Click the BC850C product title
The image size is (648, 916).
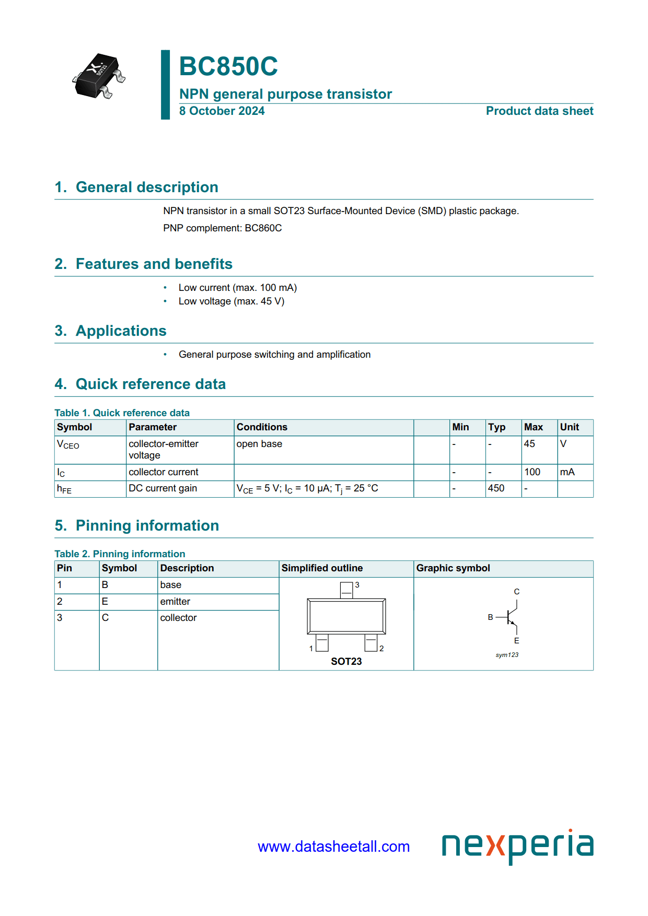pyautogui.click(x=228, y=67)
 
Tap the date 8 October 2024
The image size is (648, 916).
pyautogui.click(x=222, y=111)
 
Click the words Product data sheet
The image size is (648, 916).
pyautogui.click(x=539, y=111)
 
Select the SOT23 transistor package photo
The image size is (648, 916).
pyautogui.click(x=99, y=76)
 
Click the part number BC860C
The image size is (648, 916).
pyautogui.click(x=263, y=228)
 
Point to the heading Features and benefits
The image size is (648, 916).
pyautogui.click(x=154, y=264)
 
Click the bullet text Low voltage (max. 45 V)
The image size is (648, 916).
pyautogui.click(x=231, y=301)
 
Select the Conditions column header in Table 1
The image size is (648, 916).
pyautogui.click(x=262, y=427)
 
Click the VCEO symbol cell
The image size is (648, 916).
pyautogui.click(x=68, y=444)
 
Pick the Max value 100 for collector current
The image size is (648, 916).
pyautogui.click(x=532, y=472)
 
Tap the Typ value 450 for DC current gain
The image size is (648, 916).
pyautogui.click(x=496, y=488)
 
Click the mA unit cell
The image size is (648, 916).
pyautogui.click(x=567, y=472)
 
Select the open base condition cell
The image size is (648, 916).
pyautogui.click(x=259, y=444)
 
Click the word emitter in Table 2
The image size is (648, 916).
pyautogui.click(x=175, y=602)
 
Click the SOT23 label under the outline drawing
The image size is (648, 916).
pyautogui.click(x=346, y=662)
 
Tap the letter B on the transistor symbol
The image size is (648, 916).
pyautogui.click(x=490, y=617)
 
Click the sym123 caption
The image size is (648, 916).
pyautogui.click(x=507, y=655)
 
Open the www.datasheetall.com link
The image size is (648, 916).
pyautogui.click(x=333, y=847)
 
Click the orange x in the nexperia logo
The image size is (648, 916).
pyautogui.click(x=495, y=846)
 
